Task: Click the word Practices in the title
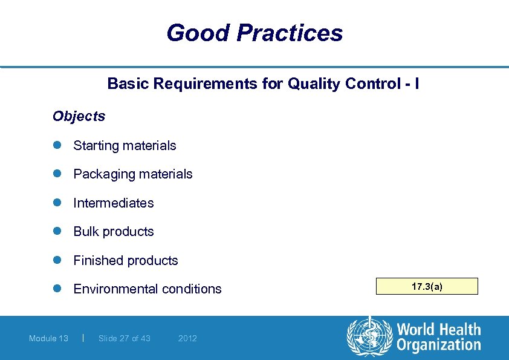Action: pos(290,33)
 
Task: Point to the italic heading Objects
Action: pos(79,116)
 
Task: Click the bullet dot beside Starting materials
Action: pos(57,145)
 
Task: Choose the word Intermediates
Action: pos(114,203)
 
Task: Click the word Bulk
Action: pos(85,232)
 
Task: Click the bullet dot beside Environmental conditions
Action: pos(57,289)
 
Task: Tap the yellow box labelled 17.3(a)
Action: pos(427,286)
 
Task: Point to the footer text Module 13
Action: pos(48,338)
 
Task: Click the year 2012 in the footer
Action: pos(187,338)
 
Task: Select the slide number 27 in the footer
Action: pos(125,338)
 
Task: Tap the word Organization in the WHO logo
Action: pos(439,345)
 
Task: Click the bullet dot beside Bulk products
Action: pos(57,232)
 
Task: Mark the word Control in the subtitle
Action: pos(369,83)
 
